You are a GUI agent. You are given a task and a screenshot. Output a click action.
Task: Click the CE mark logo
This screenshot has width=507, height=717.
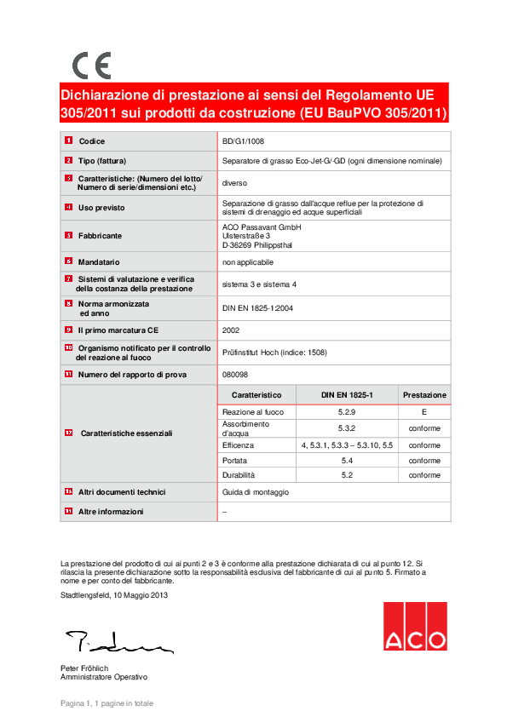(91, 66)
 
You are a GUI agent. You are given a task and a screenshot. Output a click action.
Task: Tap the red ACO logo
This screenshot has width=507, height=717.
(414, 626)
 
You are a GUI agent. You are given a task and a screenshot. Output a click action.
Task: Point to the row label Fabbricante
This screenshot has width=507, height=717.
(100, 235)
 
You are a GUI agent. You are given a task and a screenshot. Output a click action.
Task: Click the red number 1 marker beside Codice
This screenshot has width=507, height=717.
(68, 141)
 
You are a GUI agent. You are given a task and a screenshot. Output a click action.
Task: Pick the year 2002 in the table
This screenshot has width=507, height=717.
(231, 330)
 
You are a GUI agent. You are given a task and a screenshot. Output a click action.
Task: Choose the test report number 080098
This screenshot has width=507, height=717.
(234, 374)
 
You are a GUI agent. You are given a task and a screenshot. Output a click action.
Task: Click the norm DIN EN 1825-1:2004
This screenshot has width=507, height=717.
(258, 308)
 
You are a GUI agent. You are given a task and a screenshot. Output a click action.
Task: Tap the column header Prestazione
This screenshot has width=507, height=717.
(424, 395)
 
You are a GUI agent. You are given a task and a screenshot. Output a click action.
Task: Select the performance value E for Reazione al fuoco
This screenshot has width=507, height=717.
(424, 412)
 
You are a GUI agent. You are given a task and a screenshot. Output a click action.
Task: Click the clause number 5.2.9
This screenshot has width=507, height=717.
(346, 412)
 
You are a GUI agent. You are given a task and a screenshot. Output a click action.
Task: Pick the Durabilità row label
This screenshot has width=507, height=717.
(239, 475)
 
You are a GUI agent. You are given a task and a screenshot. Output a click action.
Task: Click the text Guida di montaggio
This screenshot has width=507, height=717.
(256, 492)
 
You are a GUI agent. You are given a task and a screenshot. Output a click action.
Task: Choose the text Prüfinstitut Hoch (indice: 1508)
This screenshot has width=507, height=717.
(274, 352)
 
